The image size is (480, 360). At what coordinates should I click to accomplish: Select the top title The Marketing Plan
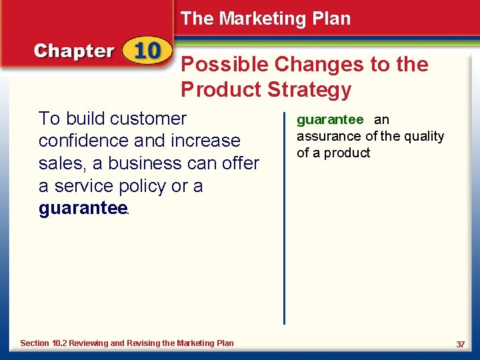point(265,19)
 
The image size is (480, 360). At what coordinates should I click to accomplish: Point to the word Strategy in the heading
point(309,89)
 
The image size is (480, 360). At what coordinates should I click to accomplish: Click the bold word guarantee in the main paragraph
point(82,209)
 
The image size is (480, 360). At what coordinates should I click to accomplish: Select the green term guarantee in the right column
point(330,120)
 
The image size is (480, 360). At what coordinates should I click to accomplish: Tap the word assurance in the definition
point(329,137)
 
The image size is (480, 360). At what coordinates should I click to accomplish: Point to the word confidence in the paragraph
point(84,141)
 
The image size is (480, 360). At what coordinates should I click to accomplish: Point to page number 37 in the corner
point(460,344)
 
